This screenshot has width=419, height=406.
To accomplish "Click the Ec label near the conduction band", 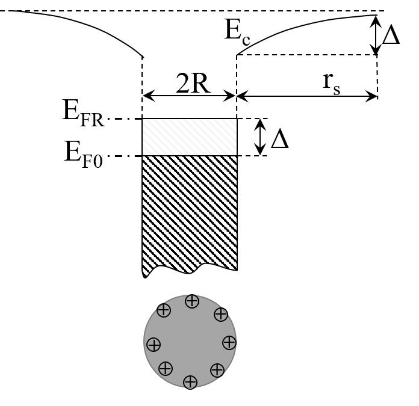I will point(237,31).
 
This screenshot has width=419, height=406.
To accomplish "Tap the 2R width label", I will point(193,84).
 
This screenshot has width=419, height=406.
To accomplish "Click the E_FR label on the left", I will point(83,112).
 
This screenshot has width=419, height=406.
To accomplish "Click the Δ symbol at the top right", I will point(391,35).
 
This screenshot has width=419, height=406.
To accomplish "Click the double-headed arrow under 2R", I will point(189,96).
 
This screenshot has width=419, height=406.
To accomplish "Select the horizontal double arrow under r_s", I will point(307,96).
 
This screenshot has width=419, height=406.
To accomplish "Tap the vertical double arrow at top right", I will point(376,35).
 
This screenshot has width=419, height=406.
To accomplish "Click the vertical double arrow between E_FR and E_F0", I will point(260,137).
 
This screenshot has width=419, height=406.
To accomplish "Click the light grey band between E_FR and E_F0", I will point(190,137).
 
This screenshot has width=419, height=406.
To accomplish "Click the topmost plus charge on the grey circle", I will point(192,301).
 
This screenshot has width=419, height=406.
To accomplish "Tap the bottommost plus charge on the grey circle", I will point(190,381).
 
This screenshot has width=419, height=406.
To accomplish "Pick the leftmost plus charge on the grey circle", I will point(154,345).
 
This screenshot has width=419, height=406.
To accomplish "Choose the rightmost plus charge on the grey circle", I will point(229,342).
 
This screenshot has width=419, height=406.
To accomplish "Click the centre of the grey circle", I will point(190,342).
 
